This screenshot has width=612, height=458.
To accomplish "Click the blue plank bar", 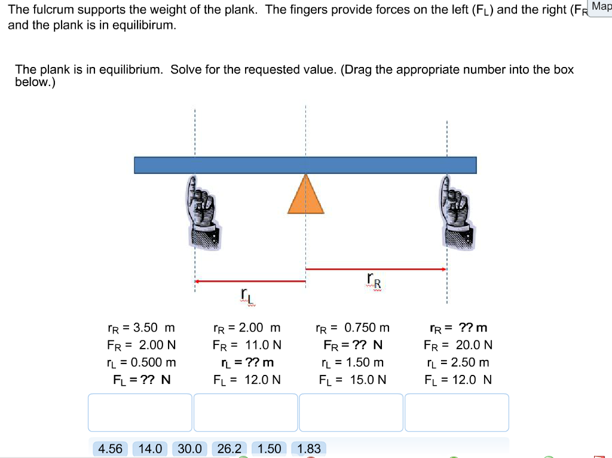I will pyautogui.click(x=305, y=165).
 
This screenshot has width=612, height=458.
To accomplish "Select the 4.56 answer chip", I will pyautogui.click(x=110, y=448).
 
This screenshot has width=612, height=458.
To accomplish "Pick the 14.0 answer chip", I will pyautogui.click(x=150, y=448).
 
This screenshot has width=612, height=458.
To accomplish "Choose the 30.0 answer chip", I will pyautogui.click(x=189, y=448).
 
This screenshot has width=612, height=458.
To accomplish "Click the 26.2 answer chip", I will pyautogui.click(x=229, y=448).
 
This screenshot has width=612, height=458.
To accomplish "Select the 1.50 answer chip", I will pyautogui.click(x=270, y=448).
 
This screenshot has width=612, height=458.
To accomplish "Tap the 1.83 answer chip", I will pyautogui.click(x=309, y=448).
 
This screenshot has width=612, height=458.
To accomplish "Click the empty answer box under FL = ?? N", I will pyautogui.click(x=140, y=412).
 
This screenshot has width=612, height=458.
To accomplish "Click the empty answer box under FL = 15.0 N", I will pyautogui.click(x=351, y=412).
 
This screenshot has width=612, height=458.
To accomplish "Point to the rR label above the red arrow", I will pyautogui.click(x=374, y=280).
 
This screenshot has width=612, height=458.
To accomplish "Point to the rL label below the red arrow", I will pyautogui.click(x=246, y=295).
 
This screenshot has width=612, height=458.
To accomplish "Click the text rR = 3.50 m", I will pyautogui.click(x=141, y=328).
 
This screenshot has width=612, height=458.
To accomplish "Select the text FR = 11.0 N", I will pyautogui.click(x=247, y=345).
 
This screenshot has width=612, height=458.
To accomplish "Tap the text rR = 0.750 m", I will pyautogui.click(x=353, y=328).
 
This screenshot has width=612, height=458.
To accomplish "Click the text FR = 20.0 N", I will pyautogui.click(x=458, y=345).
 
